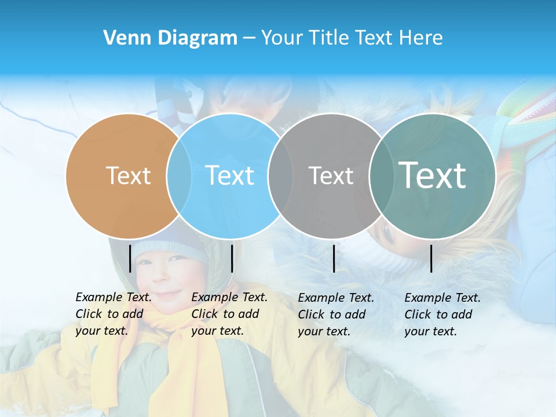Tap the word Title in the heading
coord(328,38)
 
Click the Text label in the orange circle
coord(128,175)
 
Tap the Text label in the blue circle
coord(229,175)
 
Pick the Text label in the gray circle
coord(331,175)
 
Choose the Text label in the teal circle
coord(432,175)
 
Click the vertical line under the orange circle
coord(130,258)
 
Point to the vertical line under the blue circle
coord(232,258)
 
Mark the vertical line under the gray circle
coord(334,258)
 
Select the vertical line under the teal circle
coord(431,258)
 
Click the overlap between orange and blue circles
coord(179,175)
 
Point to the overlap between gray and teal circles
coord(380,175)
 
